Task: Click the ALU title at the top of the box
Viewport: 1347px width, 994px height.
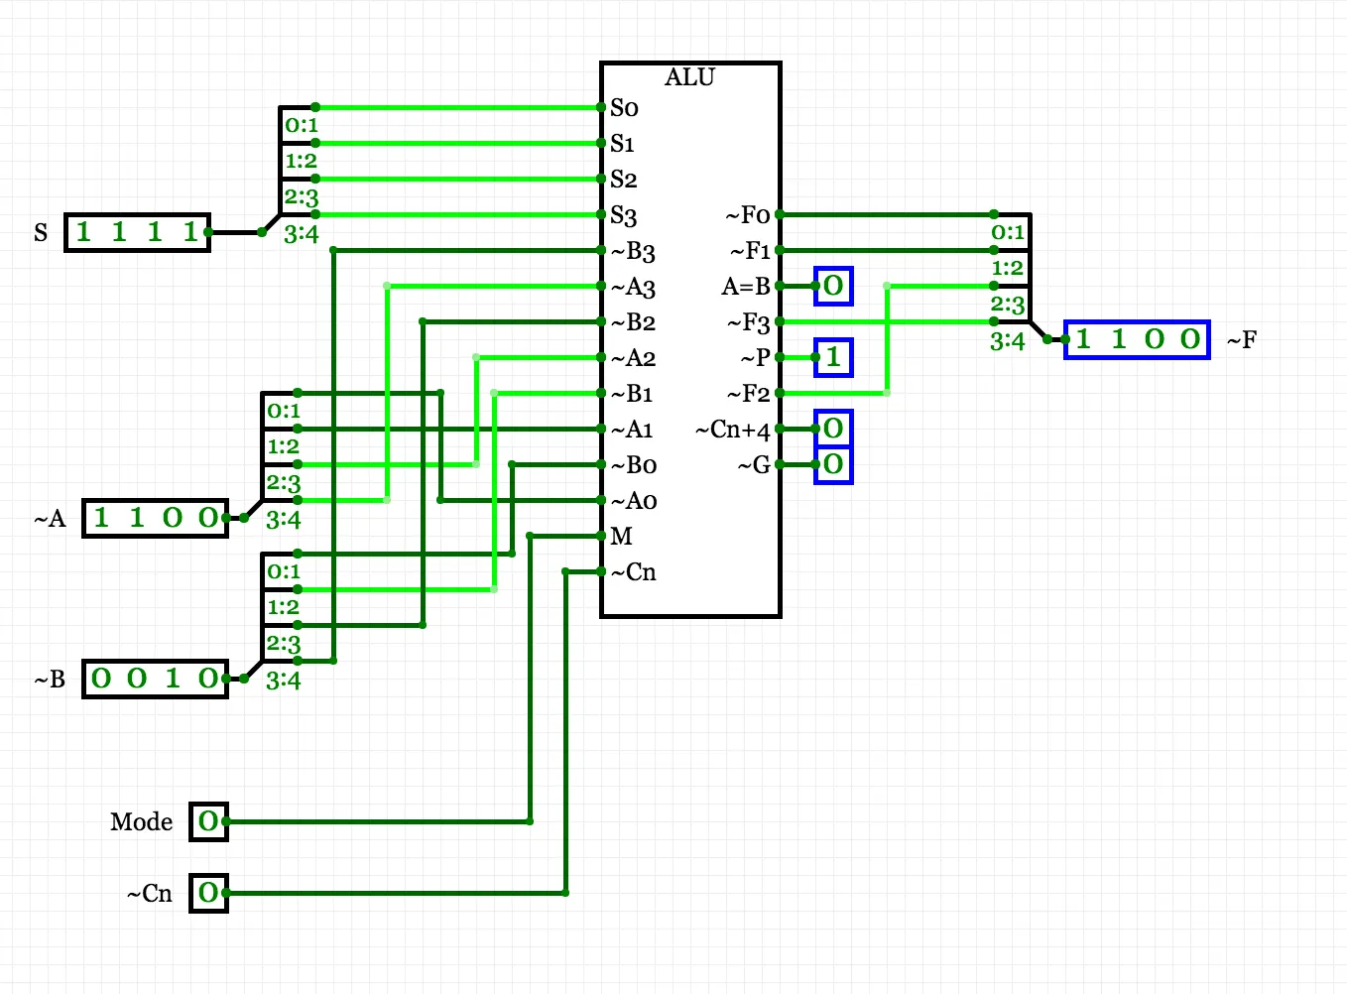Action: pos(689,77)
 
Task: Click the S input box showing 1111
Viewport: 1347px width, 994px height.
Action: pos(137,232)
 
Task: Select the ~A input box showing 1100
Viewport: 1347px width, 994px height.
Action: pos(155,518)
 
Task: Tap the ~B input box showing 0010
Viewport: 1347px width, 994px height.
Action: pos(155,679)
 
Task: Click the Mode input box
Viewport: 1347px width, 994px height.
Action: pos(208,821)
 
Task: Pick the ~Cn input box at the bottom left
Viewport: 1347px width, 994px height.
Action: pos(208,893)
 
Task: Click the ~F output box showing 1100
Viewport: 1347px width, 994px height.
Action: pos(1137,339)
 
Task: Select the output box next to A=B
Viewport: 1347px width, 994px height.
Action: pos(833,286)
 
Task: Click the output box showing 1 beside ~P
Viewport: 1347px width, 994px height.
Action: pos(833,357)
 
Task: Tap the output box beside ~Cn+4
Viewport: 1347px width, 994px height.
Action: pos(833,429)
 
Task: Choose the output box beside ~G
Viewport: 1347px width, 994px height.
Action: pos(833,464)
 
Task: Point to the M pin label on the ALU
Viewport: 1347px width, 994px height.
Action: pos(621,537)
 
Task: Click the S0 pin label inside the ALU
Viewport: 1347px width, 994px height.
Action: pos(624,108)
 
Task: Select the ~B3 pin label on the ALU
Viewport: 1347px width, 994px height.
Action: pos(633,252)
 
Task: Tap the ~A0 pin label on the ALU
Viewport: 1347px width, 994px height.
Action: pos(633,501)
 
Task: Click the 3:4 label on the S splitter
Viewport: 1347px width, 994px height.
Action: pos(301,234)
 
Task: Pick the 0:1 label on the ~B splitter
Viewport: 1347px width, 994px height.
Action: pos(283,571)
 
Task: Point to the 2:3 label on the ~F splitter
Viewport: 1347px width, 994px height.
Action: pos(1007,305)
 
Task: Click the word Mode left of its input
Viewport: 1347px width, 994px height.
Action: pos(141,822)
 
